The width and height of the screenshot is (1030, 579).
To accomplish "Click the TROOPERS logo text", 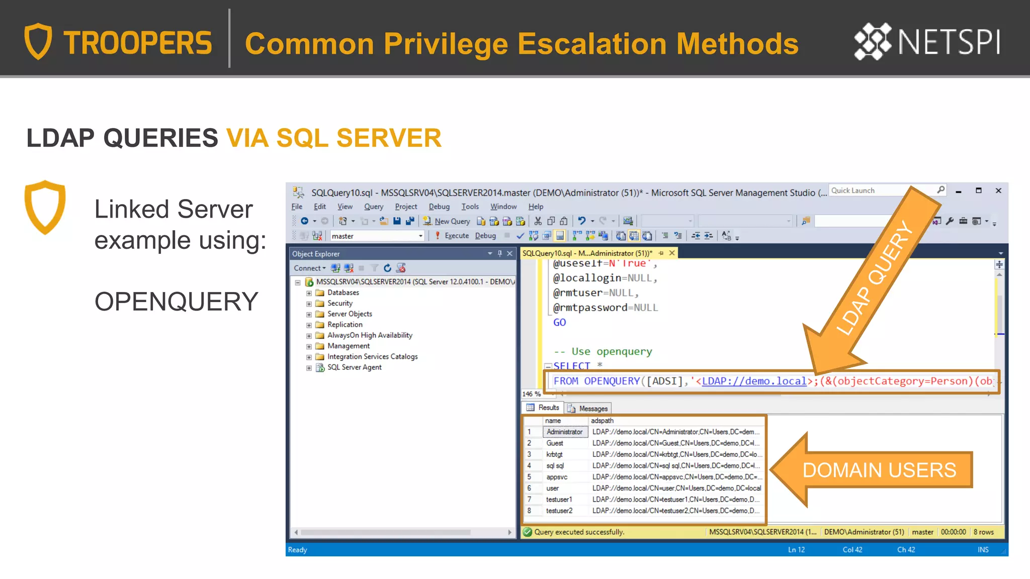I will point(137,43).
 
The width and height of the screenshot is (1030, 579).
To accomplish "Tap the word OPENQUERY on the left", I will point(176,302).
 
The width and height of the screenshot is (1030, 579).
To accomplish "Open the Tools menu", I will point(470,207).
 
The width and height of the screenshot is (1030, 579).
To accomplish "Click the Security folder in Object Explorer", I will point(339,303).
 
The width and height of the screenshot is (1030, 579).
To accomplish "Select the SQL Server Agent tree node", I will point(354,367).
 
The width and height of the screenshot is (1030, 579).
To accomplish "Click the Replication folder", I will point(345,325).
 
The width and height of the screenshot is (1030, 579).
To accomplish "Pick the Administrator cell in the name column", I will point(564,432).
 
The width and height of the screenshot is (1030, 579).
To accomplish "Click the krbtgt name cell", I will point(555,454).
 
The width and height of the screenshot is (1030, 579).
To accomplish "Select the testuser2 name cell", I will point(559,511).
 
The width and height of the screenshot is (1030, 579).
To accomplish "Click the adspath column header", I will point(602,421).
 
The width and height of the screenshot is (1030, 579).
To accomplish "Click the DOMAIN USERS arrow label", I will point(879,470).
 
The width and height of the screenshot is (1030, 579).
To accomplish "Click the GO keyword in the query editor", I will point(559,323).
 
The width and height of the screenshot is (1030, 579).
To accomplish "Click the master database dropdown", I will point(377,236).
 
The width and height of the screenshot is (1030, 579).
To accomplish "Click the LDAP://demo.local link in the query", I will point(754,381).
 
